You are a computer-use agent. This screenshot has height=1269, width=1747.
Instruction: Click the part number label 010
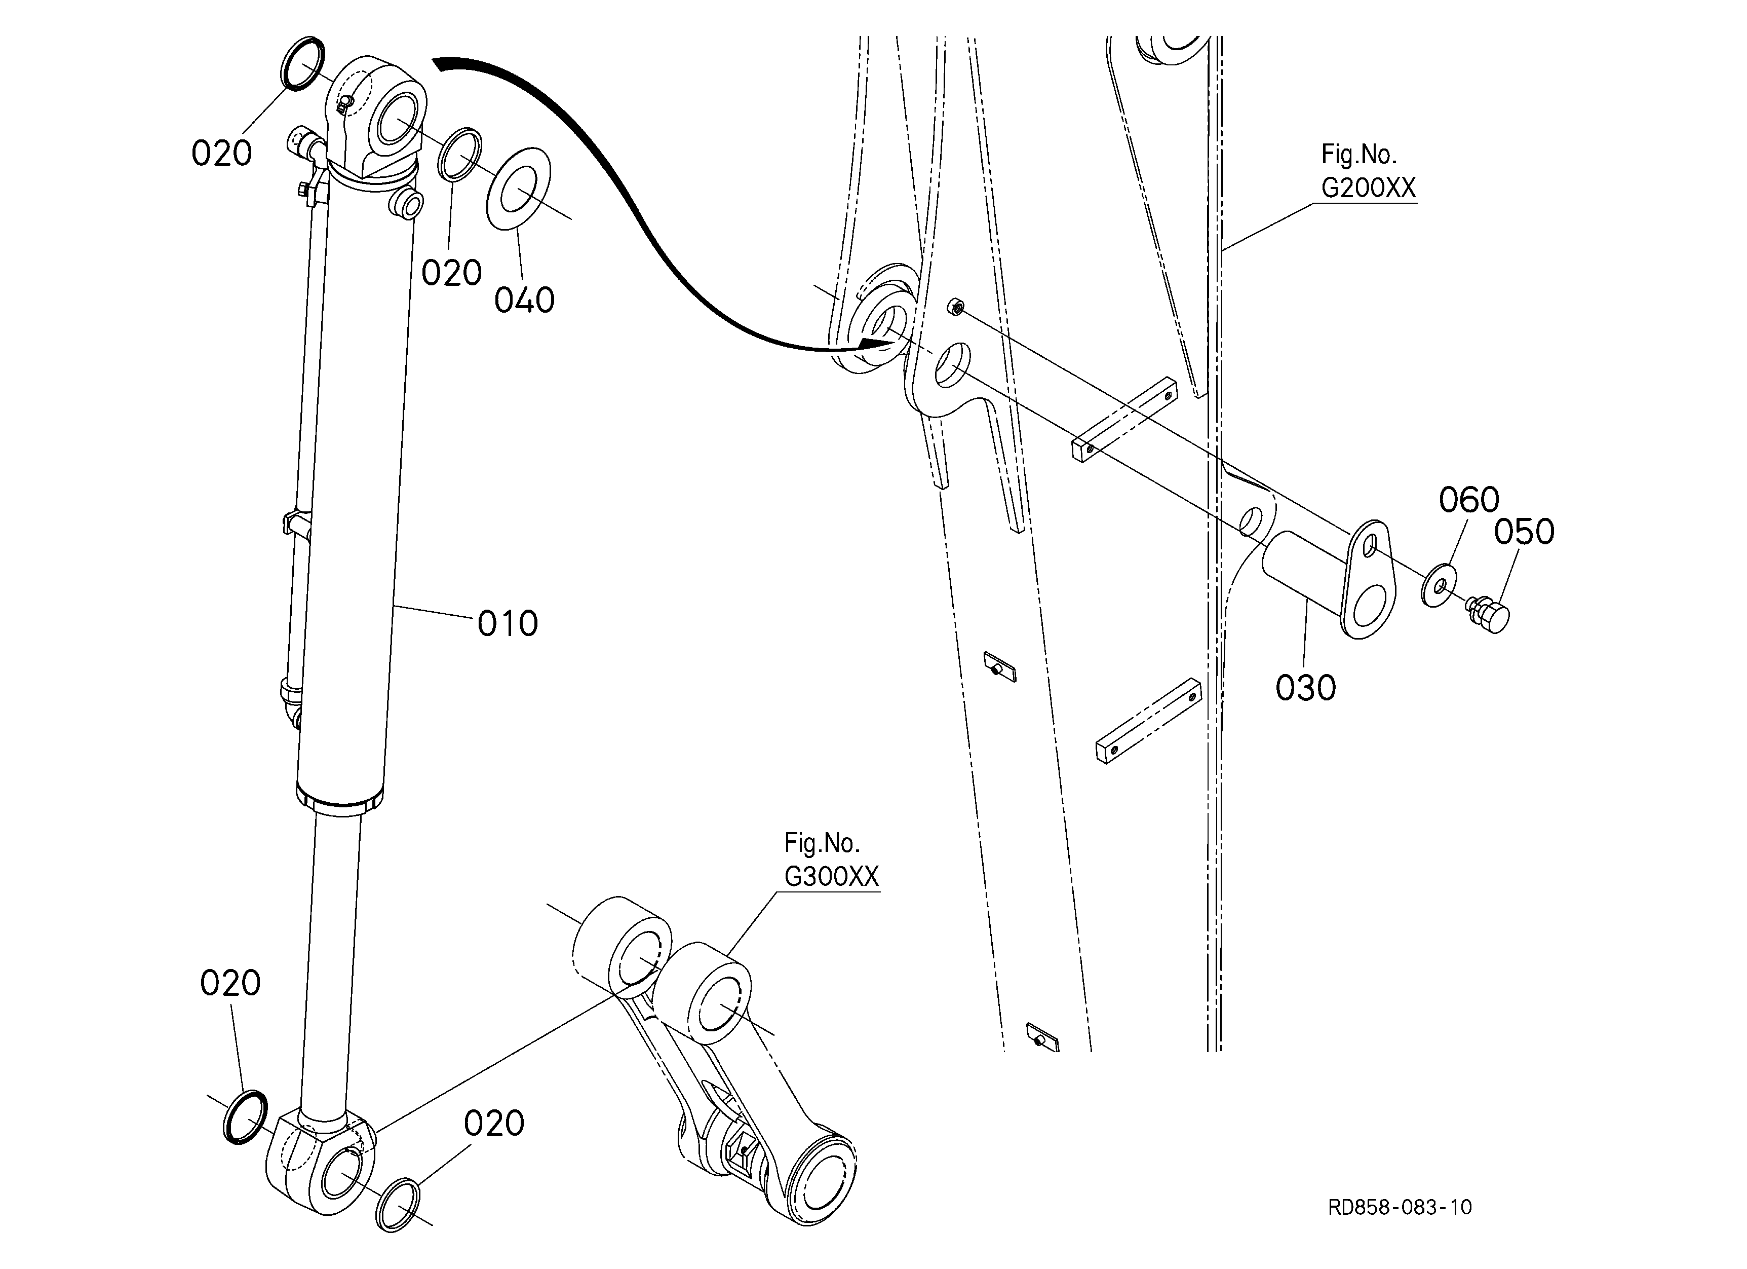508,623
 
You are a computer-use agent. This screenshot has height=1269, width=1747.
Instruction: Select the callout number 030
1306,688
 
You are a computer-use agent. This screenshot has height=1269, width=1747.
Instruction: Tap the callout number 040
525,301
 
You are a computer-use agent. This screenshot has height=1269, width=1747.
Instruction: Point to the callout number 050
1525,532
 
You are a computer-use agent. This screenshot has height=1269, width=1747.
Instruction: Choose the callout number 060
1469,500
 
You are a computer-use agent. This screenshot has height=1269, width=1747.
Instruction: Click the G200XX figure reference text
1369,188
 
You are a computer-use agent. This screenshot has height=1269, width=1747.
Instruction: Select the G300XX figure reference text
832,877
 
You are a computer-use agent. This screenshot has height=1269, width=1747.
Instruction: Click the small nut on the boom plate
954,307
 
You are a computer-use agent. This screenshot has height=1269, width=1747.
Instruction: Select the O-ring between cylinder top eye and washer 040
460,155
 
